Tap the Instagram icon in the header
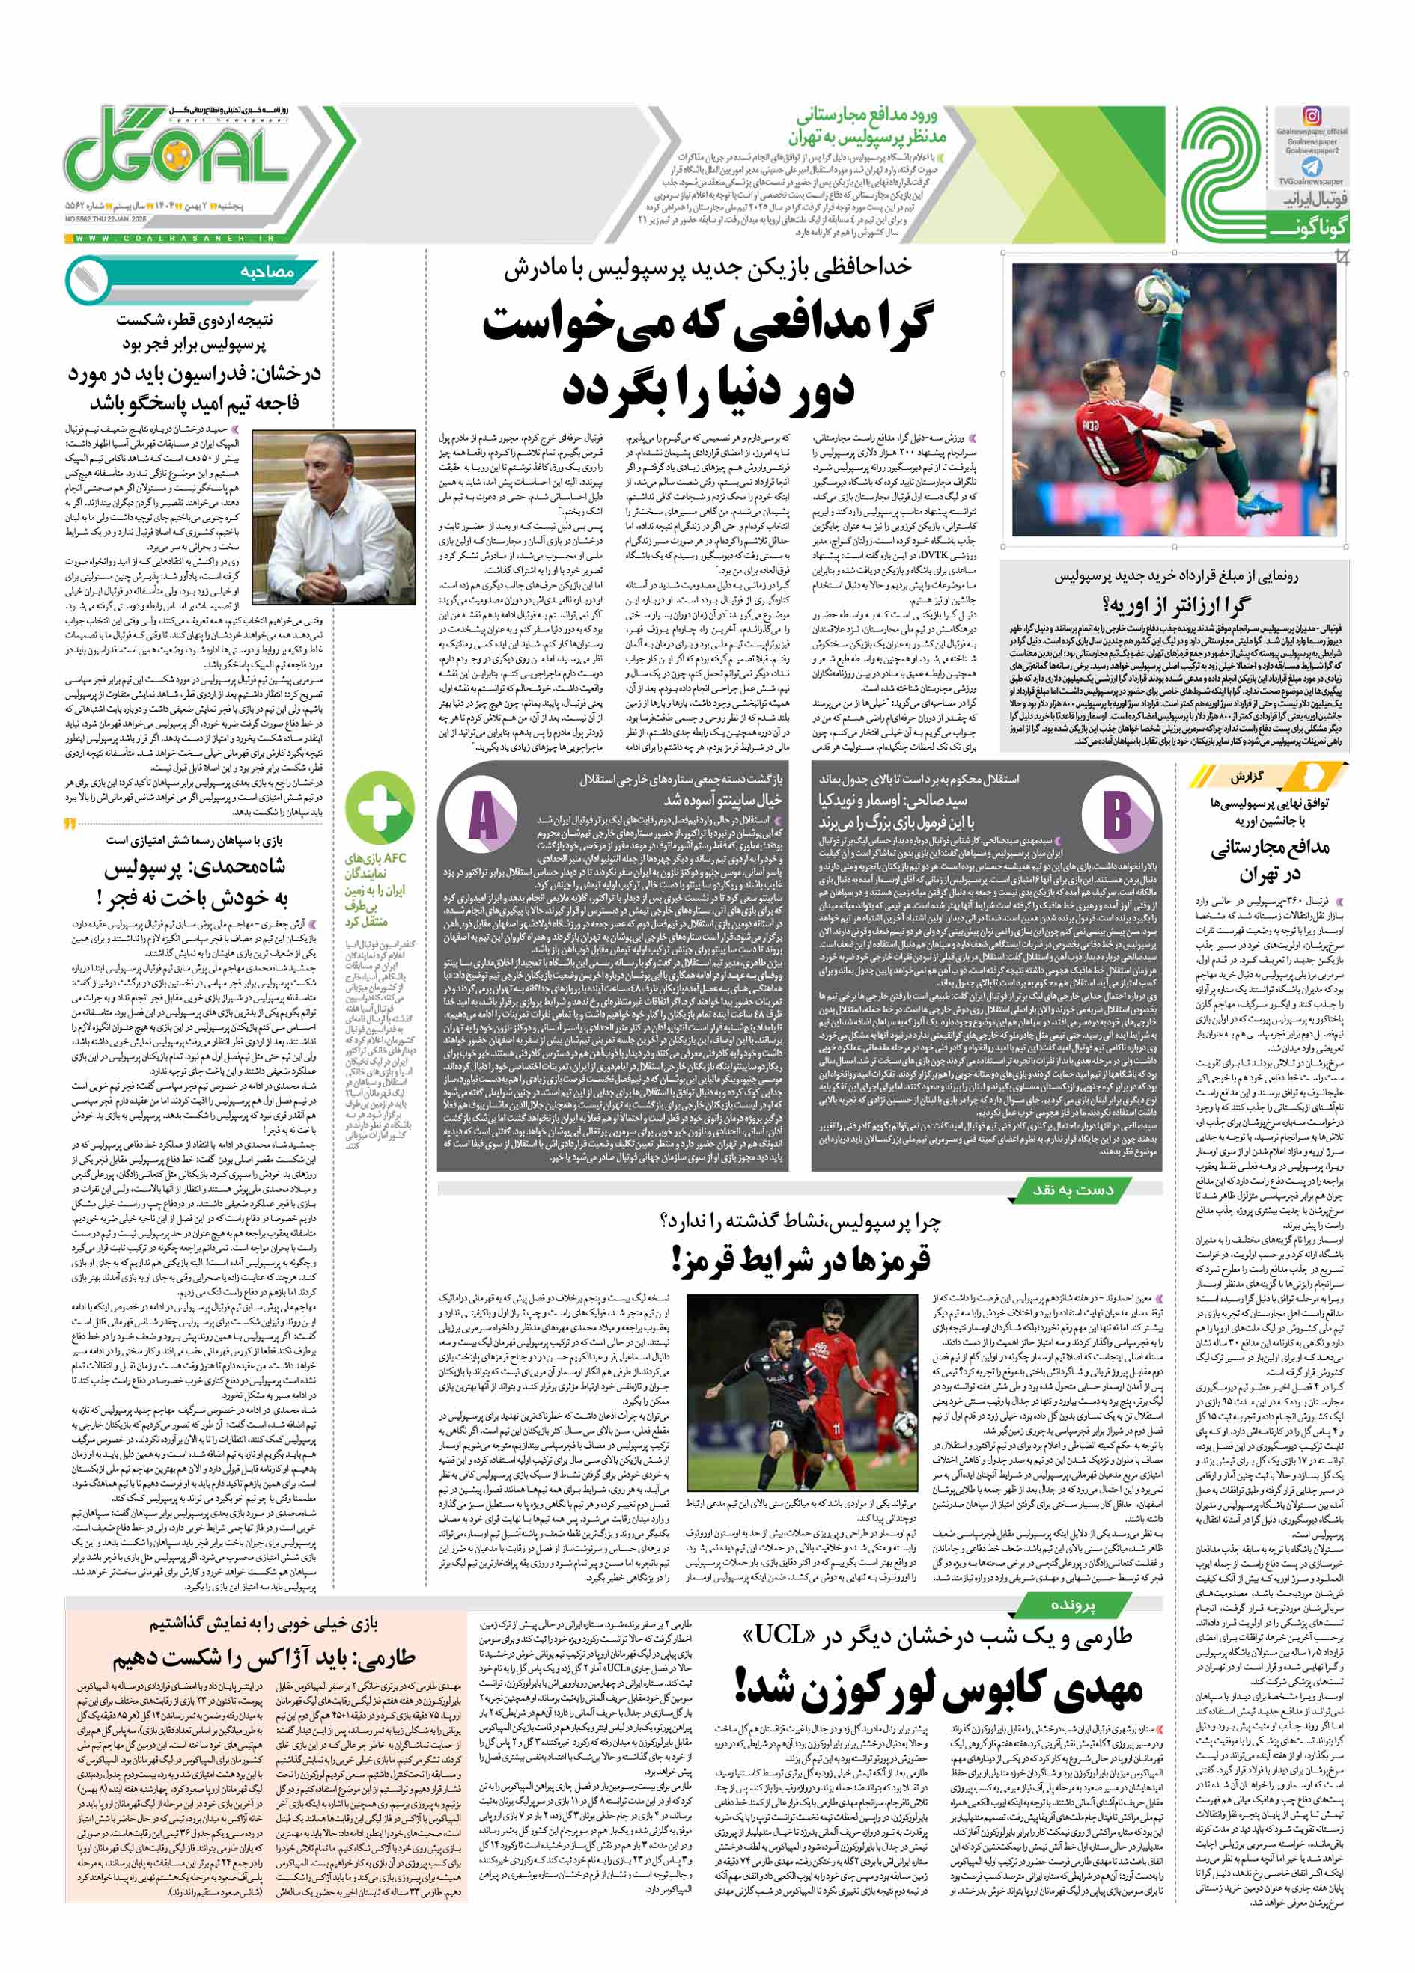tap(1311, 117)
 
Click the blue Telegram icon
tap(1312, 168)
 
